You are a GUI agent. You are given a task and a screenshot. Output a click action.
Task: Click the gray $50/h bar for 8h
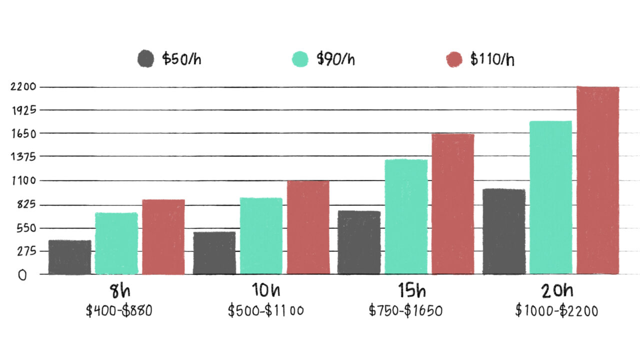pos(70,257)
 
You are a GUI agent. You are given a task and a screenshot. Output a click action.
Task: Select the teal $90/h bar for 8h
pos(116,243)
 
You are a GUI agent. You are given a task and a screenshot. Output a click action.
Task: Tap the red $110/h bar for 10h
pos(308,227)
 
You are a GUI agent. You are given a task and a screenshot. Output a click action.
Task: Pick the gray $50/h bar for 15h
pos(359,242)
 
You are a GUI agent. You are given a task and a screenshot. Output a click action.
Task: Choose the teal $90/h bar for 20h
pos(550,197)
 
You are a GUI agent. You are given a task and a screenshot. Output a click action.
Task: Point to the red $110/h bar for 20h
pos(597,180)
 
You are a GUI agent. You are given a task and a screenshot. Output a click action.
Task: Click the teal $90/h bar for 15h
pos(406,216)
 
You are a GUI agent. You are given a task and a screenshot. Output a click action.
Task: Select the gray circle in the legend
pos(145,59)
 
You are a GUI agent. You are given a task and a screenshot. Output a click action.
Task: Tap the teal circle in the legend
pos(300,59)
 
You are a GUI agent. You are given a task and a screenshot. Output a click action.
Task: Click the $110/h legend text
pos(492,59)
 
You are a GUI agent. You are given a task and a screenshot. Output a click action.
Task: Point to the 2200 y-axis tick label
pos(23,87)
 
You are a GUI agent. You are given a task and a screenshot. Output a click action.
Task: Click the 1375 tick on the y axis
pos(23,156)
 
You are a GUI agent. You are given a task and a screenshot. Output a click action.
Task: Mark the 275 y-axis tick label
pos(23,251)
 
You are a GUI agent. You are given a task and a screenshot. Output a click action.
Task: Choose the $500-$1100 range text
pos(265,310)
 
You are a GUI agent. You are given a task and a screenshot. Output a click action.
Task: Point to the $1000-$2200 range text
pos(556,310)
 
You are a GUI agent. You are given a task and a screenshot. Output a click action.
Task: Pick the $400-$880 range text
pos(118,310)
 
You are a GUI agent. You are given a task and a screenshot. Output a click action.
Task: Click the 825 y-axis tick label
pos(23,204)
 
